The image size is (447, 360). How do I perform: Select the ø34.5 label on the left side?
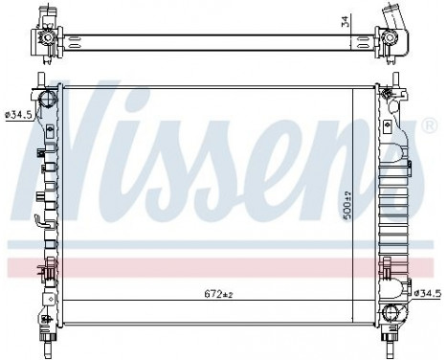[19, 115]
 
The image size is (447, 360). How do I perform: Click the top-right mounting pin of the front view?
[393, 78]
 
